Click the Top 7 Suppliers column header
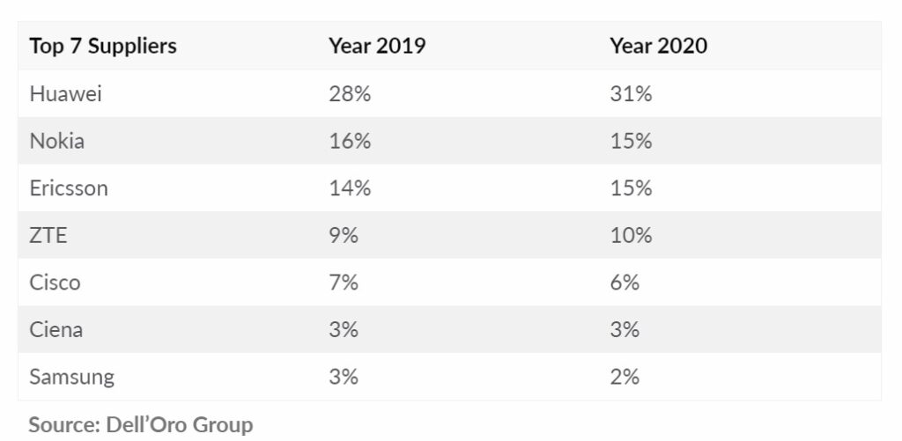[103, 47]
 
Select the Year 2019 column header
[377, 47]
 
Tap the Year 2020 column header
[658, 47]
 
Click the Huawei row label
[66, 93]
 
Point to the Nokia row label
[57, 141]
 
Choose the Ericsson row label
[69, 188]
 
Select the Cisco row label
[55, 283]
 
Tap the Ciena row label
[57, 330]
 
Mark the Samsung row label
[72, 378]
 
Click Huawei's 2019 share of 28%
[350, 93]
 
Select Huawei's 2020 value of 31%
[631, 93]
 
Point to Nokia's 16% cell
[350, 141]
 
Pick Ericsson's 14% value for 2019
[350, 188]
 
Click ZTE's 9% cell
[344, 236]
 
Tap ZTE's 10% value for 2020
[631, 236]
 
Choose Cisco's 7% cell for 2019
[344, 283]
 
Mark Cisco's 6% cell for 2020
[625, 283]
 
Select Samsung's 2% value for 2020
[625, 378]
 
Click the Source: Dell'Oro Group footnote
[141, 425]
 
